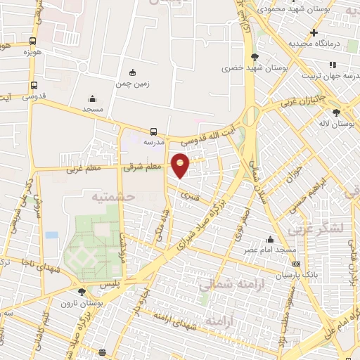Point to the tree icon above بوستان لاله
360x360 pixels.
point(337,112)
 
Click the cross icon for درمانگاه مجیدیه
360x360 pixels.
point(314,32)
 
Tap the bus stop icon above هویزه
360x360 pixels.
point(33,41)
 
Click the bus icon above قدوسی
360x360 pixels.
point(34,85)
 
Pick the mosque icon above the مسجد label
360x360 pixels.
point(93,99)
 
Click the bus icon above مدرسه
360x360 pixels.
point(153,131)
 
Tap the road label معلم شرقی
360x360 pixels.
point(143,167)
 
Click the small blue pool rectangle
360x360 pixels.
point(51,234)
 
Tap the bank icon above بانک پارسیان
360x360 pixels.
point(295,264)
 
